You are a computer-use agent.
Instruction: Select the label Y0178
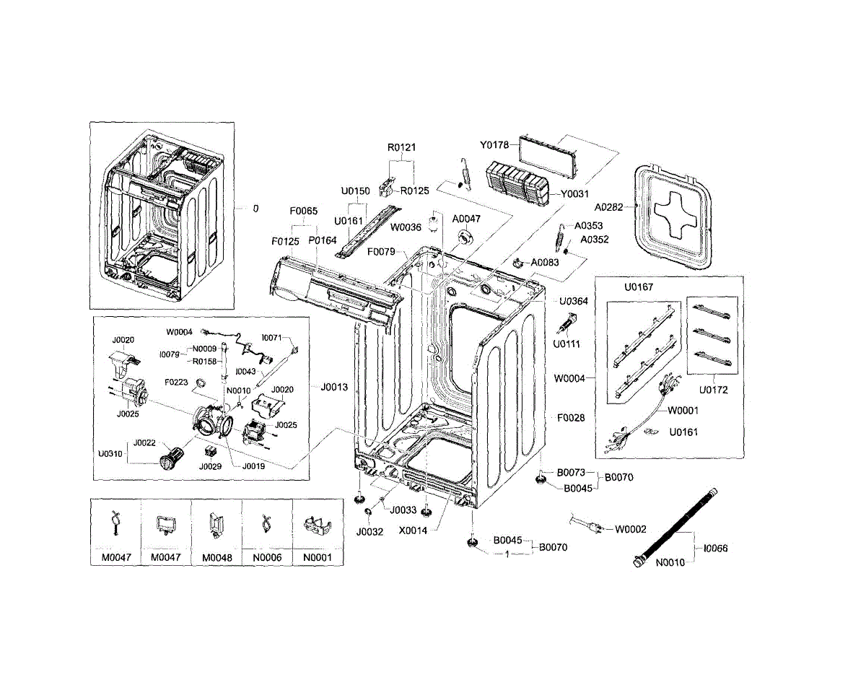point(496,145)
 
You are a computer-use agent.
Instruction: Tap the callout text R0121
point(402,147)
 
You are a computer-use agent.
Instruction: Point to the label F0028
point(571,418)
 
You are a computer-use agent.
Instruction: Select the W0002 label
point(631,529)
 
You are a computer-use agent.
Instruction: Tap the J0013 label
point(334,388)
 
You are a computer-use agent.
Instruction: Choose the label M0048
point(216,557)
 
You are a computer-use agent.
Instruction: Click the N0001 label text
point(318,557)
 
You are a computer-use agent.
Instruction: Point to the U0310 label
point(110,455)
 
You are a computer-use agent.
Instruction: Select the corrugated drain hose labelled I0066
point(679,527)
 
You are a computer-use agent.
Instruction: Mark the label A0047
point(466,219)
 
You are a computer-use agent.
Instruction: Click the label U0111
point(567,344)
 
